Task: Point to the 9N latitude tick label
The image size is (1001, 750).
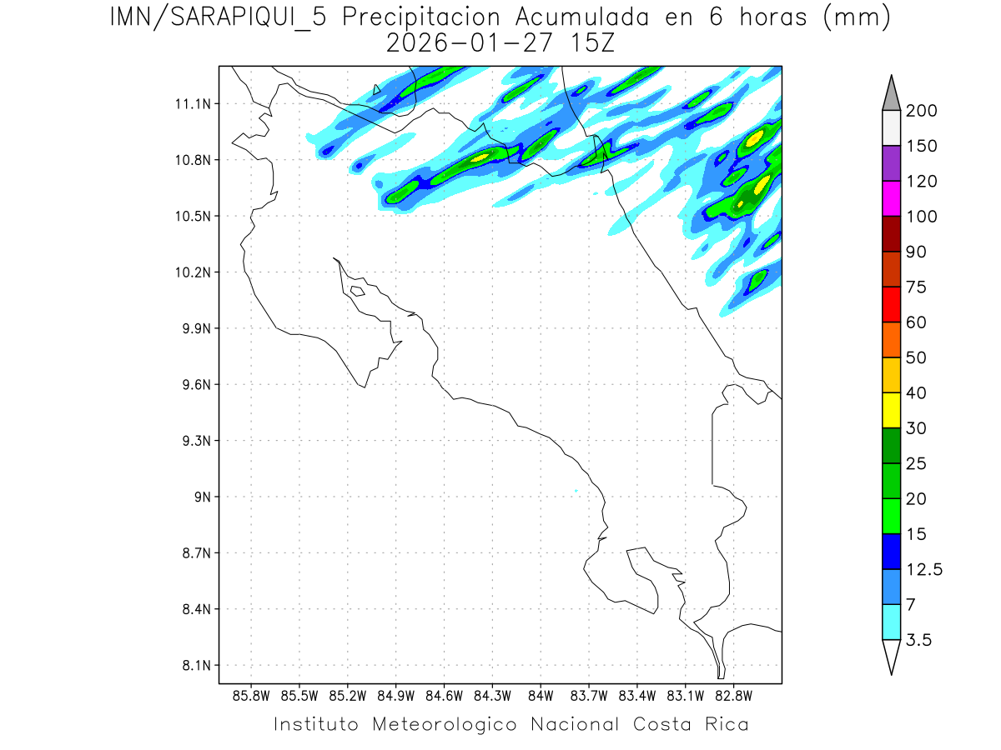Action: [x=198, y=497]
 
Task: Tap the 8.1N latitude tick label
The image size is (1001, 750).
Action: [x=192, y=666]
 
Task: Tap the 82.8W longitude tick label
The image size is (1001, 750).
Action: [x=733, y=695]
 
